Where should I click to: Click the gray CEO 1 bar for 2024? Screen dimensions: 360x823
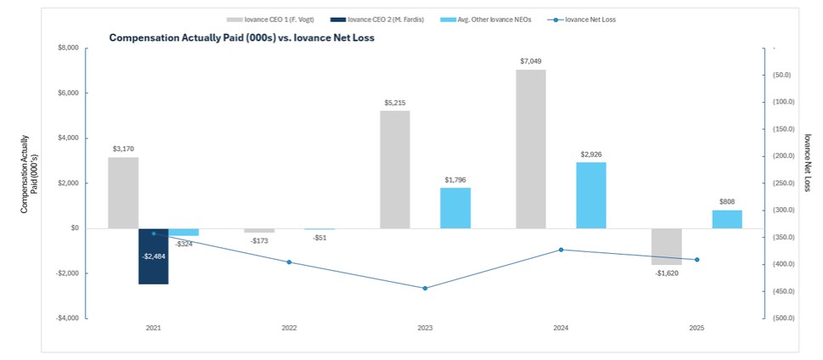pyautogui.click(x=531, y=149)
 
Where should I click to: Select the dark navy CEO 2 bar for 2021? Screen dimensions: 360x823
pyautogui.click(x=154, y=256)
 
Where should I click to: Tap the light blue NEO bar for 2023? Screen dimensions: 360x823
pyautogui.click(x=455, y=207)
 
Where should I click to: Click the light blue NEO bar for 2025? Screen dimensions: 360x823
pyautogui.click(x=727, y=219)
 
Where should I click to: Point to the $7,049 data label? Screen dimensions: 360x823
pyautogui.click(x=531, y=61)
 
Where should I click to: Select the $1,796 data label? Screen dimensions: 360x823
pyautogui.click(x=454, y=180)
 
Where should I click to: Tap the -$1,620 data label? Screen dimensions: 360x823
pyautogui.click(x=667, y=273)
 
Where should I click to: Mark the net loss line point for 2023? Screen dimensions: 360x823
pyautogui.click(x=425, y=288)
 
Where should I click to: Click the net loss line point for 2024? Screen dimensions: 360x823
pyautogui.click(x=561, y=250)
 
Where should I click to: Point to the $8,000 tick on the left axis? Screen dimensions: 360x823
pyautogui.click(x=68, y=48)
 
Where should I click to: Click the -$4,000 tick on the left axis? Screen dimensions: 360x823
pyautogui.click(x=66, y=318)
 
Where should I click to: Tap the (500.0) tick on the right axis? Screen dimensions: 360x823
pyautogui.click(x=780, y=318)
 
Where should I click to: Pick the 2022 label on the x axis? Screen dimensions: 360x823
pyautogui.click(x=290, y=328)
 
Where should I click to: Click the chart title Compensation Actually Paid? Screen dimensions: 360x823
pyautogui.click(x=241, y=38)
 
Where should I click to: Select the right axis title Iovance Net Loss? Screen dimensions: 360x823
pyautogui.click(x=807, y=161)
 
